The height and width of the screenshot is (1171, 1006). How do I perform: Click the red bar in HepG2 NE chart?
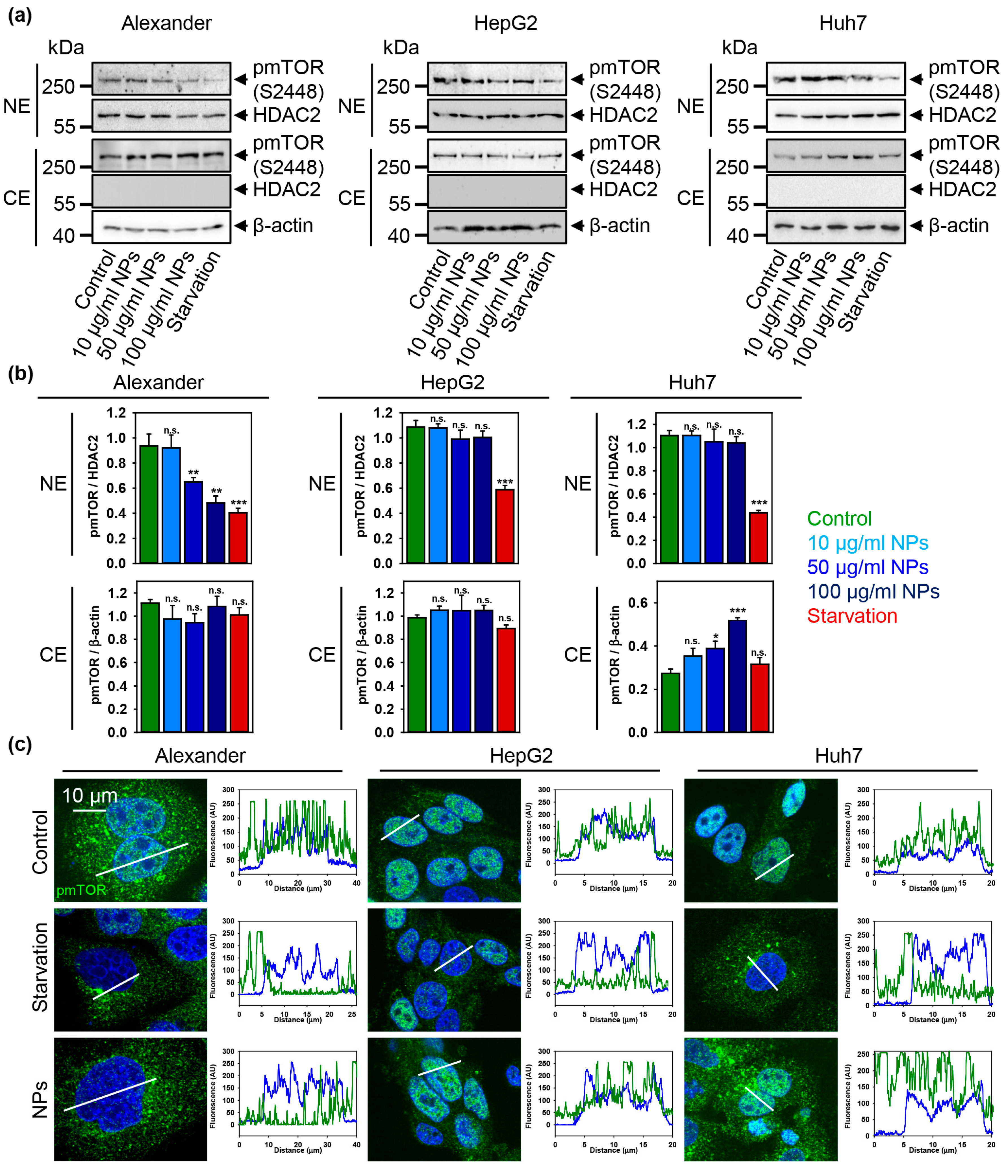pyautogui.click(x=505, y=526)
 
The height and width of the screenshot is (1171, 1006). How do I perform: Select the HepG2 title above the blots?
pyautogui.click(x=505, y=23)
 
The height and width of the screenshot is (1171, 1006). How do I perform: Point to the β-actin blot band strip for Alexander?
pyautogui.click(x=161, y=227)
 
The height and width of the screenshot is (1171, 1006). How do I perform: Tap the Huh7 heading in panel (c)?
pyautogui.click(x=838, y=756)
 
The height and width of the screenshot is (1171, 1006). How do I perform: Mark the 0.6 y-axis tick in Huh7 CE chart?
pyautogui.click(x=638, y=602)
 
